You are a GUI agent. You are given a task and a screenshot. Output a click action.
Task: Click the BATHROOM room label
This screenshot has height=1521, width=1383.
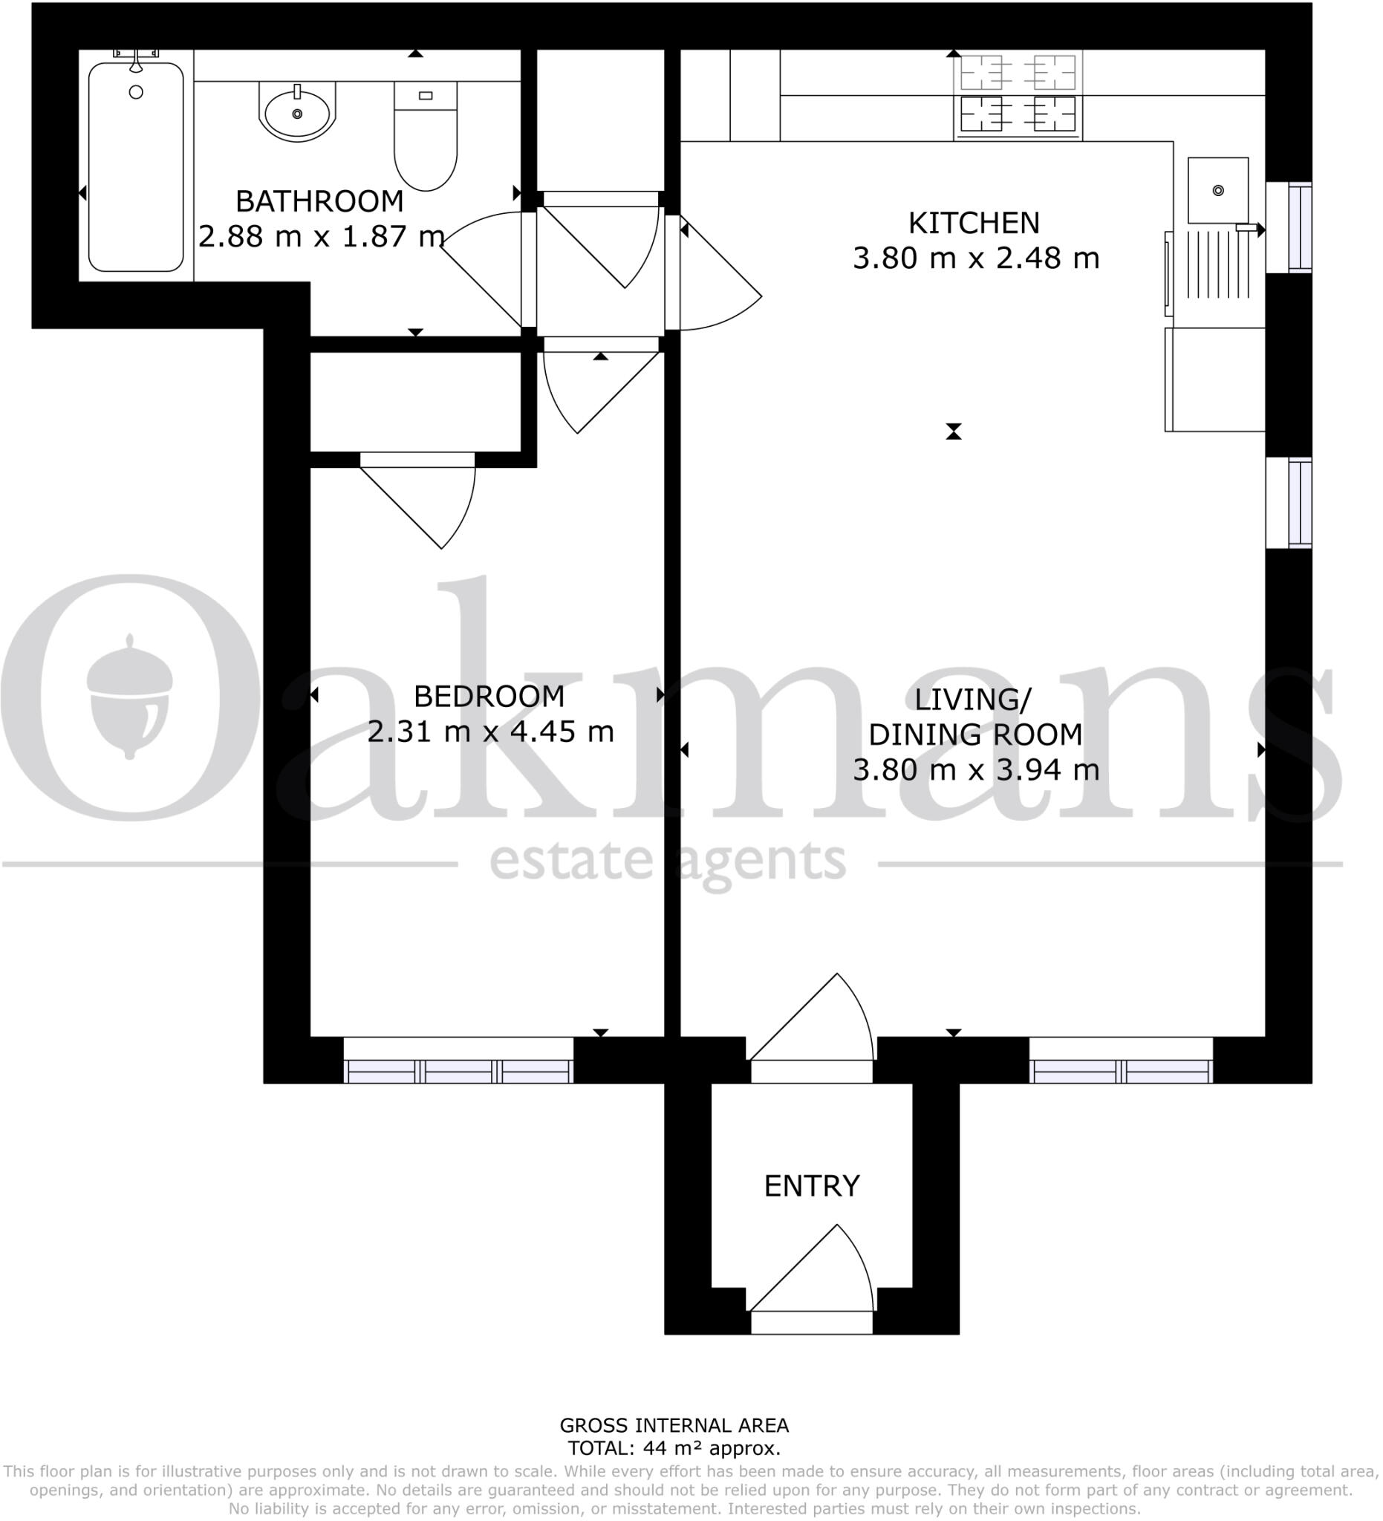[x=319, y=201]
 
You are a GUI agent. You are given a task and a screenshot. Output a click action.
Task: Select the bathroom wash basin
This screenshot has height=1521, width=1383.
[x=297, y=111]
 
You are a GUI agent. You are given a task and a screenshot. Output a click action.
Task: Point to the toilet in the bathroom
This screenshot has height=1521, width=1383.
[x=426, y=136]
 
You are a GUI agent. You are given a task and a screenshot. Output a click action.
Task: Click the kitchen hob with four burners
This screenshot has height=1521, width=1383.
[x=1018, y=96]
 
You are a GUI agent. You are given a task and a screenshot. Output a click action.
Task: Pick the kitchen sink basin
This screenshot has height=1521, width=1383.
[x=1218, y=190]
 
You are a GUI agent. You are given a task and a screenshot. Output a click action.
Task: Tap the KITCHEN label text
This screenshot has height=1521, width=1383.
[x=974, y=224]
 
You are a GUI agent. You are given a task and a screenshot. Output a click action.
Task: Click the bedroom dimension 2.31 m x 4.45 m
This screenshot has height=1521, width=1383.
[x=490, y=731]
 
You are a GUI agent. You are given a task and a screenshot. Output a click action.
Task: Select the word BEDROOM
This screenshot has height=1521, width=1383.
[x=489, y=697]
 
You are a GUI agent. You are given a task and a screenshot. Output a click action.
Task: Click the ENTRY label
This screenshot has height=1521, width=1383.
[x=812, y=1187]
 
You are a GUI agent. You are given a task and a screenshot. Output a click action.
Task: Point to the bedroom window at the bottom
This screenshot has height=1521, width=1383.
[x=458, y=1061]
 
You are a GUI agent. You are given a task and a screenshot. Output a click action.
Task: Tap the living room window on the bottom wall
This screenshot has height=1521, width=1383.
[x=1122, y=1061]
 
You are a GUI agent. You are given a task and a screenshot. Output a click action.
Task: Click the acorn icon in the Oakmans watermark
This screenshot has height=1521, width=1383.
[x=129, y=697]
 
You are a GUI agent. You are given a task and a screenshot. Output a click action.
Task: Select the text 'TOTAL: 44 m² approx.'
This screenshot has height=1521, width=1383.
[x=674, y=1447]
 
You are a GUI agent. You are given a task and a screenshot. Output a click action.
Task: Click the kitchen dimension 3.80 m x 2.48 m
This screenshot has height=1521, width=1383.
[x=975, y=258]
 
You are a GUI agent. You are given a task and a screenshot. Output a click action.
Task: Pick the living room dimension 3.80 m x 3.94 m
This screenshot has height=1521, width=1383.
[x=975, y=770]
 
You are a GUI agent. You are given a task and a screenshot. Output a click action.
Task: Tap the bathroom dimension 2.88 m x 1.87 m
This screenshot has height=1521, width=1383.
[x=321, y=236]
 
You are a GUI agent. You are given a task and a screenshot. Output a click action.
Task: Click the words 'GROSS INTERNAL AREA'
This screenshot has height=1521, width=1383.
[x=674, y=1425]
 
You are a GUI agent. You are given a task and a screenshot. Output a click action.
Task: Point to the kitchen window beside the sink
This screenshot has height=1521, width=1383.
[x=1289, y=227]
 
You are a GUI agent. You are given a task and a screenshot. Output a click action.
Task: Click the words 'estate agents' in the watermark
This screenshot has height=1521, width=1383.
[x=668, y=862]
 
